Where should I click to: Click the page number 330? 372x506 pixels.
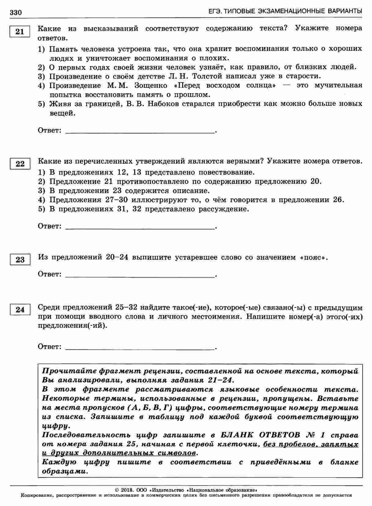click(16, 13)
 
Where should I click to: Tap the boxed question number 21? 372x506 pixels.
click(20, 32)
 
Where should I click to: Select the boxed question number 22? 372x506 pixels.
click(20, 164)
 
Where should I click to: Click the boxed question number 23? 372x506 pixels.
click(20, 260)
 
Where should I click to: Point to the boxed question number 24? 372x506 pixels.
click(20, 310)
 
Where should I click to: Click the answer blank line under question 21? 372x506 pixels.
click(140, 132)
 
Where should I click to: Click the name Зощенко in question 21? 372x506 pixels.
click(151, 85)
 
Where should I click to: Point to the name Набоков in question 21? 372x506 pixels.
click(163, 104)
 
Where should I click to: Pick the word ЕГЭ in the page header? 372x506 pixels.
click(214, 11)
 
